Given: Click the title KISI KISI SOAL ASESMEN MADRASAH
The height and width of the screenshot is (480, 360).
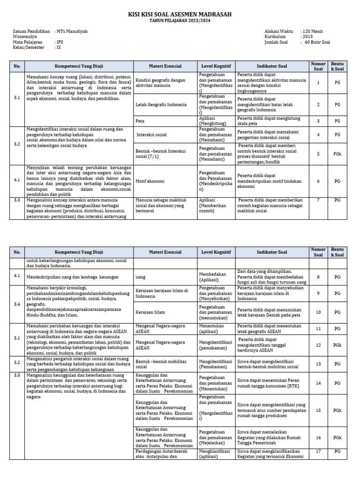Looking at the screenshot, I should click(180, 15).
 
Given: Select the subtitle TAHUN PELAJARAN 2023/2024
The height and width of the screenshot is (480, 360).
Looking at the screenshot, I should click(180, 22).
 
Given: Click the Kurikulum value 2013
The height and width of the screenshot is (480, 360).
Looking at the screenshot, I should click(307, 37).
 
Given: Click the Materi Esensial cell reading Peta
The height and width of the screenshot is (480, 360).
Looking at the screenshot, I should click(140, 120).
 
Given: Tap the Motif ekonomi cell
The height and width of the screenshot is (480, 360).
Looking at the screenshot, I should click(150, 181).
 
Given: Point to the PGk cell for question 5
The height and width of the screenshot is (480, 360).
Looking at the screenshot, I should click(337, 154).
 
